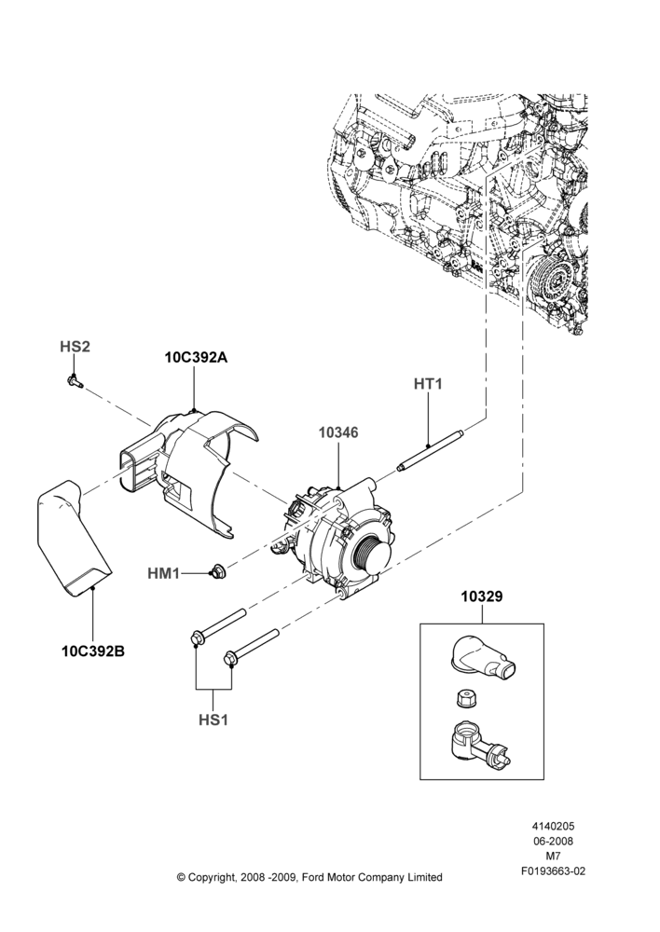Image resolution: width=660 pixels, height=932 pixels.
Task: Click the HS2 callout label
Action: [75, 347]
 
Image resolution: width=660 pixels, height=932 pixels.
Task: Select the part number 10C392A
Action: [196, 358]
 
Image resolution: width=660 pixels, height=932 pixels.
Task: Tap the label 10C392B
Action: [93, 651]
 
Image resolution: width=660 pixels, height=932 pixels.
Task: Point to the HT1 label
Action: [428, 384]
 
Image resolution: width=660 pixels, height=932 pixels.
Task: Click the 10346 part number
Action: [338, 432]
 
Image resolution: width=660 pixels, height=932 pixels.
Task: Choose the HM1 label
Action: [163, 573]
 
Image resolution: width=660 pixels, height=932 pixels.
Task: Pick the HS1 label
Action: [213, 720]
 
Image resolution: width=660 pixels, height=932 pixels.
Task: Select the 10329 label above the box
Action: [482, 596]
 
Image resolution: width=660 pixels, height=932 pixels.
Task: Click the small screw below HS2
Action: [73, 381]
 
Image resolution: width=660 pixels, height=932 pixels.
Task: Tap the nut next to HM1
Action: [216, 572]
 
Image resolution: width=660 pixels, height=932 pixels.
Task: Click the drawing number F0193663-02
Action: [553, 871]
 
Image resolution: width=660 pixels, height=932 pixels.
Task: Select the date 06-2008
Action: [553, 841]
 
